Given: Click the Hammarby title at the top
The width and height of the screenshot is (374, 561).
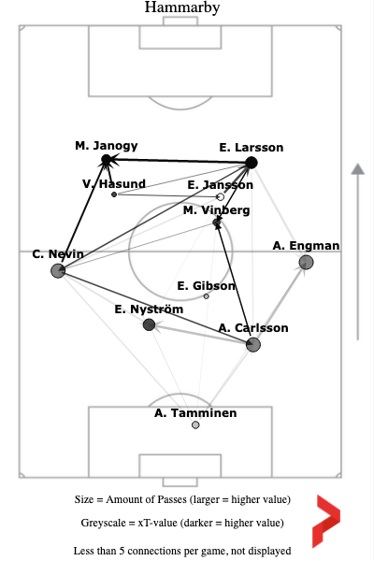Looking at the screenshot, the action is point(182,7).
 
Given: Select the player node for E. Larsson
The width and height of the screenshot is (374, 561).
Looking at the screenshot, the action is point(252,163).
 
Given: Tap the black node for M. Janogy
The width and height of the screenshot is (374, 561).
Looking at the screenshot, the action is point(107,160).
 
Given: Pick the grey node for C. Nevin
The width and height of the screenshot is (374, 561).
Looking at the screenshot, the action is point(58,270).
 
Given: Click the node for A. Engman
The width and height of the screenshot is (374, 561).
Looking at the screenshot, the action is point(306,262).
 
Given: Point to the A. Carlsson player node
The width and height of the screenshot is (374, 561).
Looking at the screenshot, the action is point(253,344).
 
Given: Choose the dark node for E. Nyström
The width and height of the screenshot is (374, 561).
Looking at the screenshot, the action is point(149,324).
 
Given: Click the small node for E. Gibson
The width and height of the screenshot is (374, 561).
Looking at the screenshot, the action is point(206,296).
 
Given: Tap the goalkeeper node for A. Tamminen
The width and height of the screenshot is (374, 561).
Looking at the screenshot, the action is point(195,424).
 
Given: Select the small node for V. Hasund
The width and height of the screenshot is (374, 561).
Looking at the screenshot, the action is point(114,194).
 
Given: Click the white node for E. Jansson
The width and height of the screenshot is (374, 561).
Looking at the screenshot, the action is point(221,196).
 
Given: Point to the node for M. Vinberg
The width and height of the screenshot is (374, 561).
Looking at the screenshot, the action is point(217,223).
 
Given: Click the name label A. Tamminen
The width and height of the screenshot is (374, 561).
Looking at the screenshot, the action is point(195,413).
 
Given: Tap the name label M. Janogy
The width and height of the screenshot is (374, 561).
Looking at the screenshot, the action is point(107,146).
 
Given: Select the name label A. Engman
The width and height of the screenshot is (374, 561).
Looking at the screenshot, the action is point(306,246).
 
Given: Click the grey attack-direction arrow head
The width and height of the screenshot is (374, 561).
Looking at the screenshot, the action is point(358,169).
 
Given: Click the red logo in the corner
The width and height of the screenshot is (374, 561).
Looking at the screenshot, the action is point(326,522).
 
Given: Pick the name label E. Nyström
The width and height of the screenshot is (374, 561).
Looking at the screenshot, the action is point(149,309).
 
